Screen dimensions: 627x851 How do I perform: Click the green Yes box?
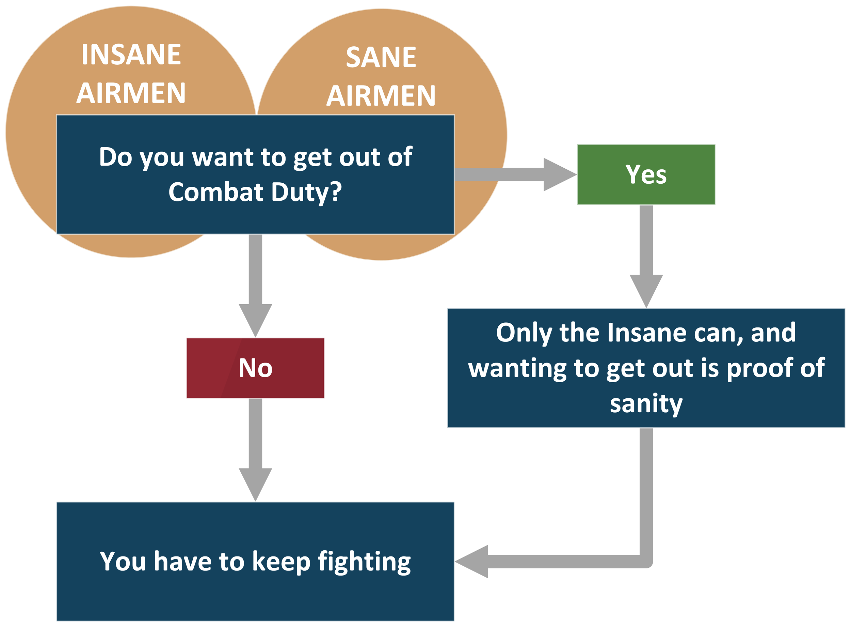pos(646,174)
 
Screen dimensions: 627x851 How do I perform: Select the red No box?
pos(255,368)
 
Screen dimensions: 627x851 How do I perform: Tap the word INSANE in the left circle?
pos(131,54)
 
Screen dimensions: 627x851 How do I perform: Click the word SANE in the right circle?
pos(381,57)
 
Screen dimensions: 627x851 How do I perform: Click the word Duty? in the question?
pos(306,192)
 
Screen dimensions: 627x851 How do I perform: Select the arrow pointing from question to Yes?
pos(515,174)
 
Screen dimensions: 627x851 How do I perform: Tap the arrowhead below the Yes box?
pos(646,289)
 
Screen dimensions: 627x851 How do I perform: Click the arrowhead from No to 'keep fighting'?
pos(255,483)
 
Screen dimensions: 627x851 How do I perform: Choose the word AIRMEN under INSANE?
pos(131,93)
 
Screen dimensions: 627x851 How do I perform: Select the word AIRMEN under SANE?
pos(381,96)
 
